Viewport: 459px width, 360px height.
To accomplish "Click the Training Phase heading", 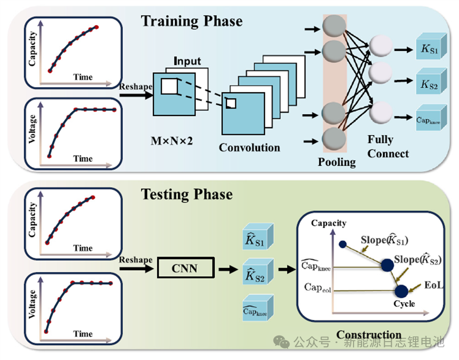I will pyautogui.click(x=192, y=21).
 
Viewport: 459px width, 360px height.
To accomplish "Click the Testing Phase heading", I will pyautogui.click(x=187, y=194).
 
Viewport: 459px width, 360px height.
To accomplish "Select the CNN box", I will pyautogui.click(x=185, y=269).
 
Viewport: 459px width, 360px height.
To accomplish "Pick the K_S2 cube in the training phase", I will pyautogui.click(x=429, y=84).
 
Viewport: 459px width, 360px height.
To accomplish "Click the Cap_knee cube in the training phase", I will pyautogui.click(x=429, y=119).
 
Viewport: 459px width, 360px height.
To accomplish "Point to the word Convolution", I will pyautogui.click(x=250, y=147).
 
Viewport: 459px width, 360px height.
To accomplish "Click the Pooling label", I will pyautogui.click(x=337, y=162).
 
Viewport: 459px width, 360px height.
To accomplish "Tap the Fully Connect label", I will pyautogui.click(x=388, y=147).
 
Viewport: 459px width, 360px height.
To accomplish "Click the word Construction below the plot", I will pyautogui.click(x=369, y=335).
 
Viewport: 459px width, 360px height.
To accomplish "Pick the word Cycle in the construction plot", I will pyautogui.click(x=404, y=303).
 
